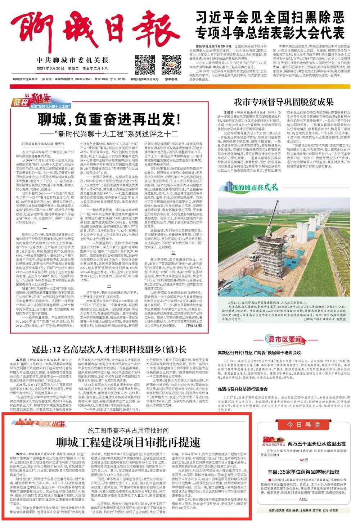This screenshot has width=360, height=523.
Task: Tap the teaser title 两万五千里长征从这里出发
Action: pos(312,444)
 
